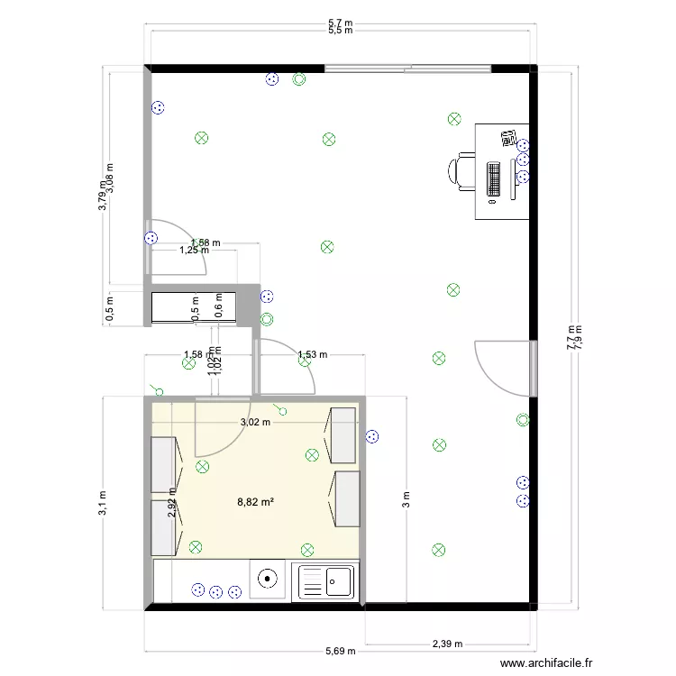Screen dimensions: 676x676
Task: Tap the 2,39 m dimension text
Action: (x=447, y=644)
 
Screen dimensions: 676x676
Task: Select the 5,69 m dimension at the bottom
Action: (x=341, y=651)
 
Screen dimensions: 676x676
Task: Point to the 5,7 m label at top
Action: (x=340, y=23)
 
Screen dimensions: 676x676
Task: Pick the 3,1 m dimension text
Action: (x=104, y=503)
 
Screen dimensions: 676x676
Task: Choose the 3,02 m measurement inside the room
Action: (x=255, y=421)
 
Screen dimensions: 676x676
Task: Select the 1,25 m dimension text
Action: (x=194, y=251)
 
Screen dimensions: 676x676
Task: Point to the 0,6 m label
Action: (x=218, y=306)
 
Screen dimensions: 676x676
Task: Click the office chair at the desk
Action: (x=461, y=170)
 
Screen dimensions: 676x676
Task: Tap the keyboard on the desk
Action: (x=494, y=178)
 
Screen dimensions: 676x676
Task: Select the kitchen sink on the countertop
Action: (x=326, y=580)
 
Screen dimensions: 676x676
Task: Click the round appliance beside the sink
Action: (x=268, y=580)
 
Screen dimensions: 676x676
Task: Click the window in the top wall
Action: (x=407, y=68)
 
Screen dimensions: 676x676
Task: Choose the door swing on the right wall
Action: (x=505, y=368)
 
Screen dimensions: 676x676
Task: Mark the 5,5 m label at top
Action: (x=340, y=31)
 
